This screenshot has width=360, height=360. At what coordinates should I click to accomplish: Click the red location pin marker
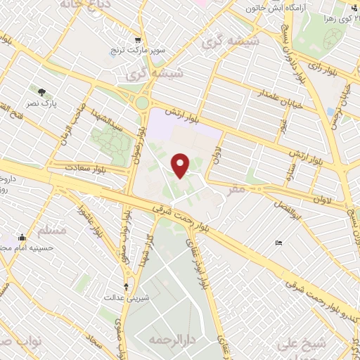pos(181,165)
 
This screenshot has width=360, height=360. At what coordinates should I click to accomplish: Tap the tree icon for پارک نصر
pos(43,91)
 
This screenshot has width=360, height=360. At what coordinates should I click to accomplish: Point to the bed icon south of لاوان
pos(279,243)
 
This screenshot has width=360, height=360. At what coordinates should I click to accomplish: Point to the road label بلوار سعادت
pos(87,169)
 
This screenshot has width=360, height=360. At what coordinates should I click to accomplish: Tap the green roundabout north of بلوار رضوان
pos(143,103)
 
